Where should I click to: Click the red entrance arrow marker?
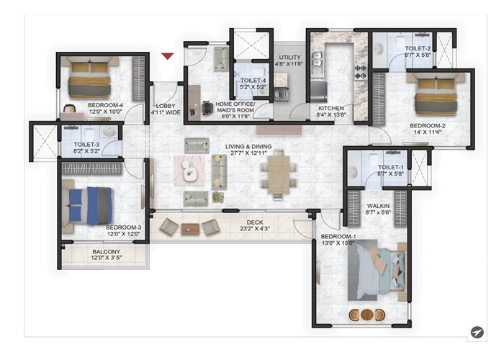(168, 56)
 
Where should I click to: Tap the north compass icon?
(477, 332)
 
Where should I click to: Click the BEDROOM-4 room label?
(105, 105)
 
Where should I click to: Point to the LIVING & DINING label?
(248, 147)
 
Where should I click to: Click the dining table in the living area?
(279, 174)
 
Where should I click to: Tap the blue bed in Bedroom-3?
(88, 206)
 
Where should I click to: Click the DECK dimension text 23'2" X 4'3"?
(255, 229)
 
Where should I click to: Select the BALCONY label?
(106, 252)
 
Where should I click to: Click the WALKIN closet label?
(378, 206)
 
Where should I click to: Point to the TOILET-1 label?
(390, 167)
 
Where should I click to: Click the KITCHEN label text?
(331, 108)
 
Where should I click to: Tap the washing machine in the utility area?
(282, 94)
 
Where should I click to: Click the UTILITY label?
(289, 58)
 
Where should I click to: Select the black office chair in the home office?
(207, 108)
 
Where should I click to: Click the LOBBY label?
(166, 106)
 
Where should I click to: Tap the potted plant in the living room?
(218, 197)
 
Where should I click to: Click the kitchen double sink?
(317, 59)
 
